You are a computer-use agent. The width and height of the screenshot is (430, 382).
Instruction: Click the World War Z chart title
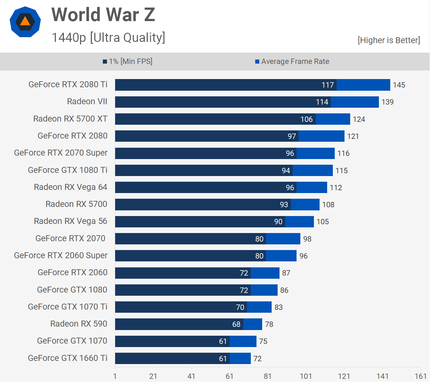click(103, 15)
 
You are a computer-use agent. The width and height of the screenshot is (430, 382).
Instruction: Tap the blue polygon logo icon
click(25, 22)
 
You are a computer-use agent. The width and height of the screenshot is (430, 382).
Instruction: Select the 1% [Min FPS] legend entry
click(128, 61)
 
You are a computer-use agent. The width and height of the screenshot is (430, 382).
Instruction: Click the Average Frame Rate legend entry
click(292, 61)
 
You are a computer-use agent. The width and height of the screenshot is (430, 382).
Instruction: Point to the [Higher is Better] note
click(389, 40)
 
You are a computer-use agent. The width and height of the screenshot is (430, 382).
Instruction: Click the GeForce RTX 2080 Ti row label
click(68, 84)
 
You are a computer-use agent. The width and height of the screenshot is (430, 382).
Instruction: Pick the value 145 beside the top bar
click(399, 85)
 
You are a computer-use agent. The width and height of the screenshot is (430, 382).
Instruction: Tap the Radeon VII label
click(87, 101)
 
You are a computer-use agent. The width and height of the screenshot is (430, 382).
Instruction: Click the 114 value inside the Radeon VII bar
click(322, 102)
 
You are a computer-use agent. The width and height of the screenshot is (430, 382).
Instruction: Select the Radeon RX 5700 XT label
click(70, 119)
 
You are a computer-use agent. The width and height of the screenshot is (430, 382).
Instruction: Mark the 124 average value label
click(359, 119)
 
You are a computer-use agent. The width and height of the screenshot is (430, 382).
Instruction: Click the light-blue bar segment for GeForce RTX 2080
click(321, 136)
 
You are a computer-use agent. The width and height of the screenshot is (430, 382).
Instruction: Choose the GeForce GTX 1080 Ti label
click(68, 170)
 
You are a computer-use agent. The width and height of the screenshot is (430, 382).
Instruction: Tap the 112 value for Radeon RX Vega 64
click(336, 188)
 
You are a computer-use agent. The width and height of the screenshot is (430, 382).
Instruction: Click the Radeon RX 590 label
click(79, 324)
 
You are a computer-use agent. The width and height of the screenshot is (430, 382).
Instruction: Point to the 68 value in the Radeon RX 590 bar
click(236, 324)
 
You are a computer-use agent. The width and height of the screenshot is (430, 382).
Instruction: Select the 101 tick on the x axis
click(306, 376)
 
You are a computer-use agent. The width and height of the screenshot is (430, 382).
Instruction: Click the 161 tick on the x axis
click(421, 376)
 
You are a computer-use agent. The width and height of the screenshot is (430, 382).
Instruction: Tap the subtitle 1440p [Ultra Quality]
click(108, 37)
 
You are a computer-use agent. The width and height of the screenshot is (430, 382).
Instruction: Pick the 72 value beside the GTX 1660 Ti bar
click(257, 359)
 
